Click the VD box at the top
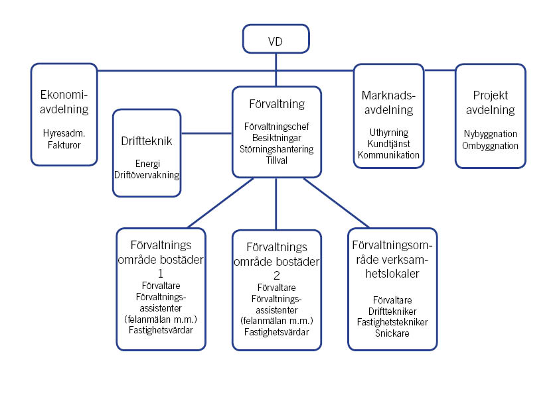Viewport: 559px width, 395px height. (x=276, y=39)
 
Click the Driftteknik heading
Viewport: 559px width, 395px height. (x=147, y=141)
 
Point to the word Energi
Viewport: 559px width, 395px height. (x=147, y=164)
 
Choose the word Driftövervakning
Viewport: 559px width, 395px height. (x=147, y=175)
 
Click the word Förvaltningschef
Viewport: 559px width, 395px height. (x=276, y=126)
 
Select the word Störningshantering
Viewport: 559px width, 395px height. (x=276, y=149)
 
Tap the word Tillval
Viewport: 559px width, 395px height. (x=276, y=160)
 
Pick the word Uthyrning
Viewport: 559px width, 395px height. (x=388, y=132)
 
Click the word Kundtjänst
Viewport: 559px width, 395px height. (x=388, y=143)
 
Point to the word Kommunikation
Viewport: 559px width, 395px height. (x=388, y=154)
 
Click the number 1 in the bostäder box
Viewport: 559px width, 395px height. (x=160, y=273)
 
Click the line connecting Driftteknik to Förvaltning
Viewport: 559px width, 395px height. (x=206, y=133)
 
